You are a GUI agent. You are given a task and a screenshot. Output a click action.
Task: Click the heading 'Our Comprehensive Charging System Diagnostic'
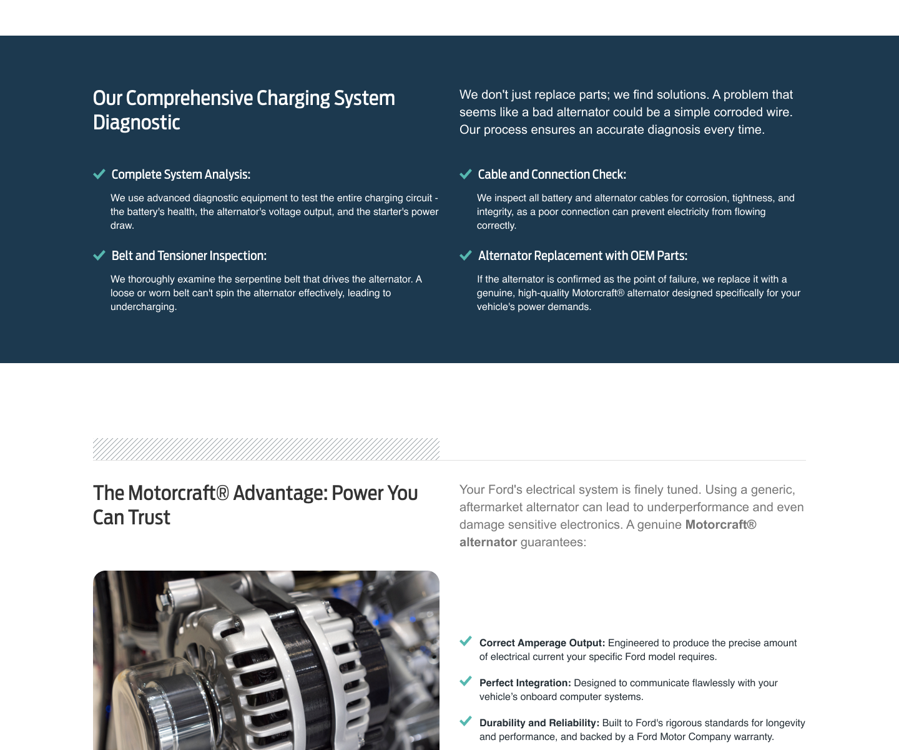(x=243, y=110)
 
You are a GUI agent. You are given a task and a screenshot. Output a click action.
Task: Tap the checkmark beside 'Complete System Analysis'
(x=99, y=174)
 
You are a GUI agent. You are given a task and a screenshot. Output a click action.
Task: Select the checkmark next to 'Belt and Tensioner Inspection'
(x=99, y=256)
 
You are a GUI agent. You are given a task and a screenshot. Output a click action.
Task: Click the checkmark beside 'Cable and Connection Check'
(x=465, y=174)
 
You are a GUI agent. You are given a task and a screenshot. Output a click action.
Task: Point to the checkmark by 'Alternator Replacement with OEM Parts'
(x=465, y=256)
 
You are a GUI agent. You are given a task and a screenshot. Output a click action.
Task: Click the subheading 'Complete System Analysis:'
(x=180, y=174)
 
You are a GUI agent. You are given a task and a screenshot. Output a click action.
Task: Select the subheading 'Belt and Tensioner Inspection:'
(x=189, y=256)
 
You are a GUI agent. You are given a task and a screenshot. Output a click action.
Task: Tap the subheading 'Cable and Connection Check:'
(x=552, y=174)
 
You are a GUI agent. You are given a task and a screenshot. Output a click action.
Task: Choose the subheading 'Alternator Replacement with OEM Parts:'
(x=582, y=256)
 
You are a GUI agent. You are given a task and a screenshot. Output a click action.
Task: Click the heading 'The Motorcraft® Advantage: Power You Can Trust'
(x=255, y=505)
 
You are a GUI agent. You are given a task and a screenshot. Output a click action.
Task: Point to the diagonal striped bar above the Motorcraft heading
(x=266, y=449)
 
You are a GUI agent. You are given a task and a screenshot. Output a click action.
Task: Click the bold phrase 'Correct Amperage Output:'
(x=542, y=643)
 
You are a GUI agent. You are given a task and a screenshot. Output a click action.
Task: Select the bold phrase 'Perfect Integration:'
(x=525, y=683)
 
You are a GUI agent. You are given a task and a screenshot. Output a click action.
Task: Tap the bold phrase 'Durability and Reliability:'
(x=539, y=723)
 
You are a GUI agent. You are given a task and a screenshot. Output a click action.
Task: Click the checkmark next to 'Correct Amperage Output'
(x=465, y=641)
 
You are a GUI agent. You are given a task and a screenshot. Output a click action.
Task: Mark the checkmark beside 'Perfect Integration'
(x=465, y=681)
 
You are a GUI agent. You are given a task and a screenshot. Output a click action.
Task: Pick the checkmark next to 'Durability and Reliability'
(x=465, y=721)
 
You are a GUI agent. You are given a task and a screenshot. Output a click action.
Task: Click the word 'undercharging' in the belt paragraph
(x=143, y=307)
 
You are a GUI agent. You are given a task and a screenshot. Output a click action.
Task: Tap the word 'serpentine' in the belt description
(x=258, y=279)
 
